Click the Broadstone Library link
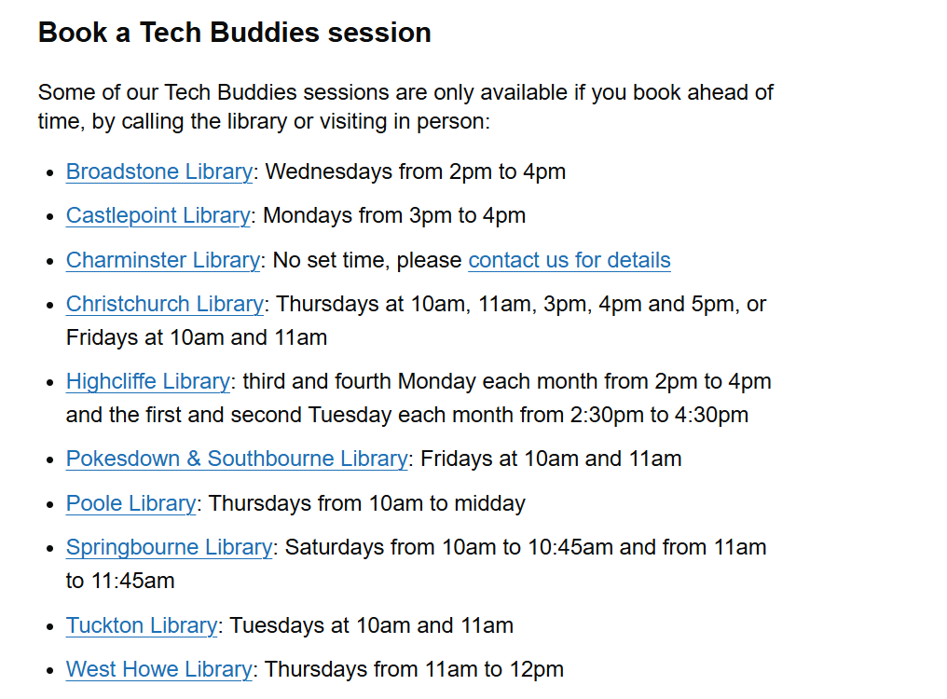159,171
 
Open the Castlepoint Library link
158,215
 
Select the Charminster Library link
163,260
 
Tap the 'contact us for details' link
570,260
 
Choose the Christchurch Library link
165,304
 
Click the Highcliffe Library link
148,381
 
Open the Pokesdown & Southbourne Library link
238,459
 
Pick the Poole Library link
131,503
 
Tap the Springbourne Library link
169,547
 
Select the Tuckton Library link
142,625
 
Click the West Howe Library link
159,669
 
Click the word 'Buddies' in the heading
265,33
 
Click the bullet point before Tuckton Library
50,627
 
